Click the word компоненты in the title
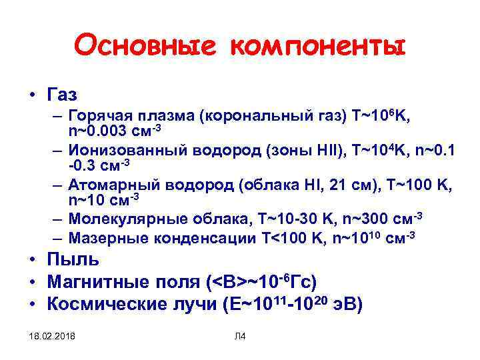click(317, 47)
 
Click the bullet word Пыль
click(73, 259)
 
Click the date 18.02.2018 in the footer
click(53, 335)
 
